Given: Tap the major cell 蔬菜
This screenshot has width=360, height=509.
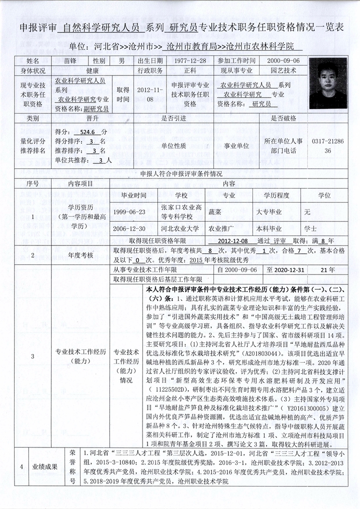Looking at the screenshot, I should coord(229,212).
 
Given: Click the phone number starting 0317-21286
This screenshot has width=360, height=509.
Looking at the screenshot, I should coord(327,145).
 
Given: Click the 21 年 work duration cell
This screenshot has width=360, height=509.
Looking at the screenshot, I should coord(327,270).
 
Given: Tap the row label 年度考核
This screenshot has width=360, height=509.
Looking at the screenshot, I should coord(80,255).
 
